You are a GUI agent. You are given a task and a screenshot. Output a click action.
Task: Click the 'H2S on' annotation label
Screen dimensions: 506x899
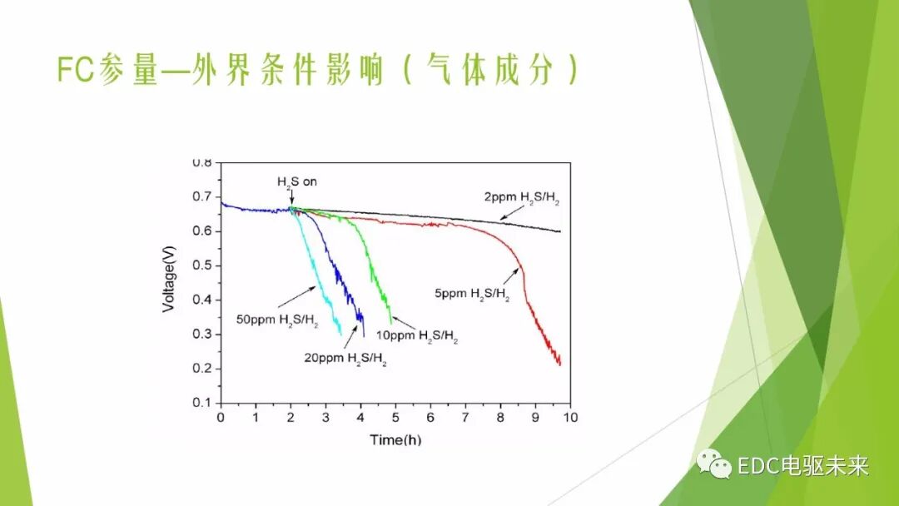[x=297, y=181]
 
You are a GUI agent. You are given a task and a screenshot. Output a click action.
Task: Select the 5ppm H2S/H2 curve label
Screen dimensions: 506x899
[x=471, y=293]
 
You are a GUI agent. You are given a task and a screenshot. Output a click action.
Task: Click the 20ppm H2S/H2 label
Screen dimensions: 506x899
[x=345, y=360]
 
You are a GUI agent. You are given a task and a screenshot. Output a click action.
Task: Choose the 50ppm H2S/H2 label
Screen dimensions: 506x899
[x=266, y=320]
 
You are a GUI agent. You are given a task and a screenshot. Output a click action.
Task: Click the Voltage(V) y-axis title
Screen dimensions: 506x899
[x=169, y=283]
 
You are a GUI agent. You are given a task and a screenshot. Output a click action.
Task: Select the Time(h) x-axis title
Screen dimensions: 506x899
[x=395, y=439]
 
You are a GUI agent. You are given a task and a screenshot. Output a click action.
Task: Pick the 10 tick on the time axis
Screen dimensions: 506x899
[x=570, y=417]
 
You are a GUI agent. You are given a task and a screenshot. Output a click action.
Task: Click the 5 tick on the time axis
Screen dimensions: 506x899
[x=395, y=417]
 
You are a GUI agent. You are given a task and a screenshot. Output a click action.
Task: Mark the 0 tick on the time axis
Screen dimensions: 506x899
[x=221, y=417]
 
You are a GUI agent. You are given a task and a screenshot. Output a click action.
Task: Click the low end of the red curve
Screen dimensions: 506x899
[x=560, y=364]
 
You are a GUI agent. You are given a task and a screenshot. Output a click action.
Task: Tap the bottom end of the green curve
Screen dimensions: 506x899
[x=391, y=322]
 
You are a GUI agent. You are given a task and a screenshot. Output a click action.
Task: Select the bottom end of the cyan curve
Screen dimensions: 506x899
[x=340, y=334]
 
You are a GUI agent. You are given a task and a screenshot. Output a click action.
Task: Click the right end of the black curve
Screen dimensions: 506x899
[x=560, y=231]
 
